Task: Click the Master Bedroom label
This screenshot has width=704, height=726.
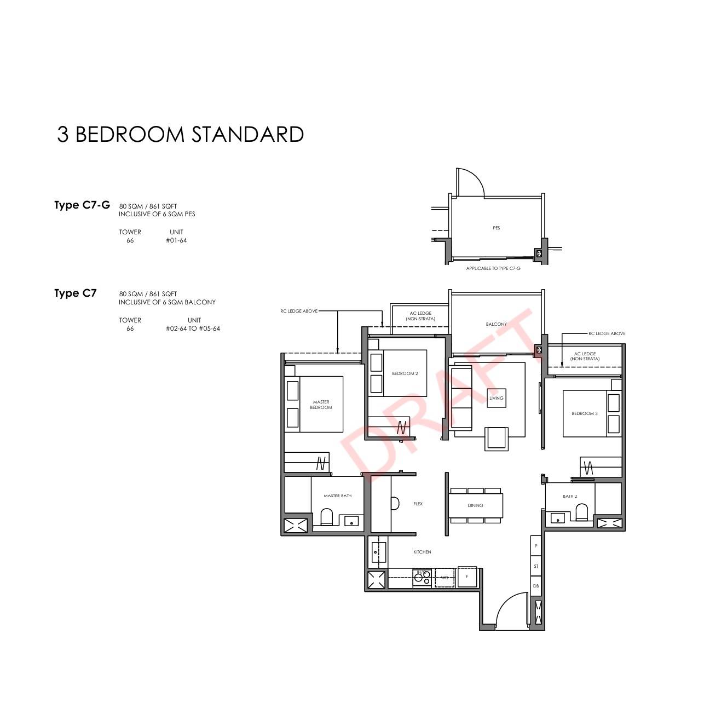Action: click(321, 405)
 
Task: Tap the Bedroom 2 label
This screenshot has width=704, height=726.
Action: click(405, 373)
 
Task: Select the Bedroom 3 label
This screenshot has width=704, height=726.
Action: click(584, 413)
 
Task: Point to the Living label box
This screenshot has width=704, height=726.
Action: click(496, 398)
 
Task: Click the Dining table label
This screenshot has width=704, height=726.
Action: click(475, 505)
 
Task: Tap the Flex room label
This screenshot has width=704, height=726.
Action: click(418, 504)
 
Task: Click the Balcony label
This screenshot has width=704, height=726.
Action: click(496, 324)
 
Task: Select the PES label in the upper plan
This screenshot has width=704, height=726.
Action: click(496, 228)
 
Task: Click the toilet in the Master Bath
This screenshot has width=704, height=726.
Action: click(326, 517)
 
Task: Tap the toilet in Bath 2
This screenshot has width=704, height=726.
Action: click(581, 511)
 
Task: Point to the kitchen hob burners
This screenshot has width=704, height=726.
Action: click(422, 578)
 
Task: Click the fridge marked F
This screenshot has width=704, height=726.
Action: click(467, 577)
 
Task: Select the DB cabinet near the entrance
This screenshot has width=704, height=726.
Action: click(536, 586)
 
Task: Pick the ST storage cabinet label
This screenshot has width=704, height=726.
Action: click(536, 566)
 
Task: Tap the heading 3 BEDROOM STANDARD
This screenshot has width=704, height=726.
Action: click(180, 134)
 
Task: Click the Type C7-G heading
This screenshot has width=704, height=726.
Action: click(82, 205)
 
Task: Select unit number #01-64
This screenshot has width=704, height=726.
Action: click(176, 241)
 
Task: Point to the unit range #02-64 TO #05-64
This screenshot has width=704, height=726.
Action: click(193, 329)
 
